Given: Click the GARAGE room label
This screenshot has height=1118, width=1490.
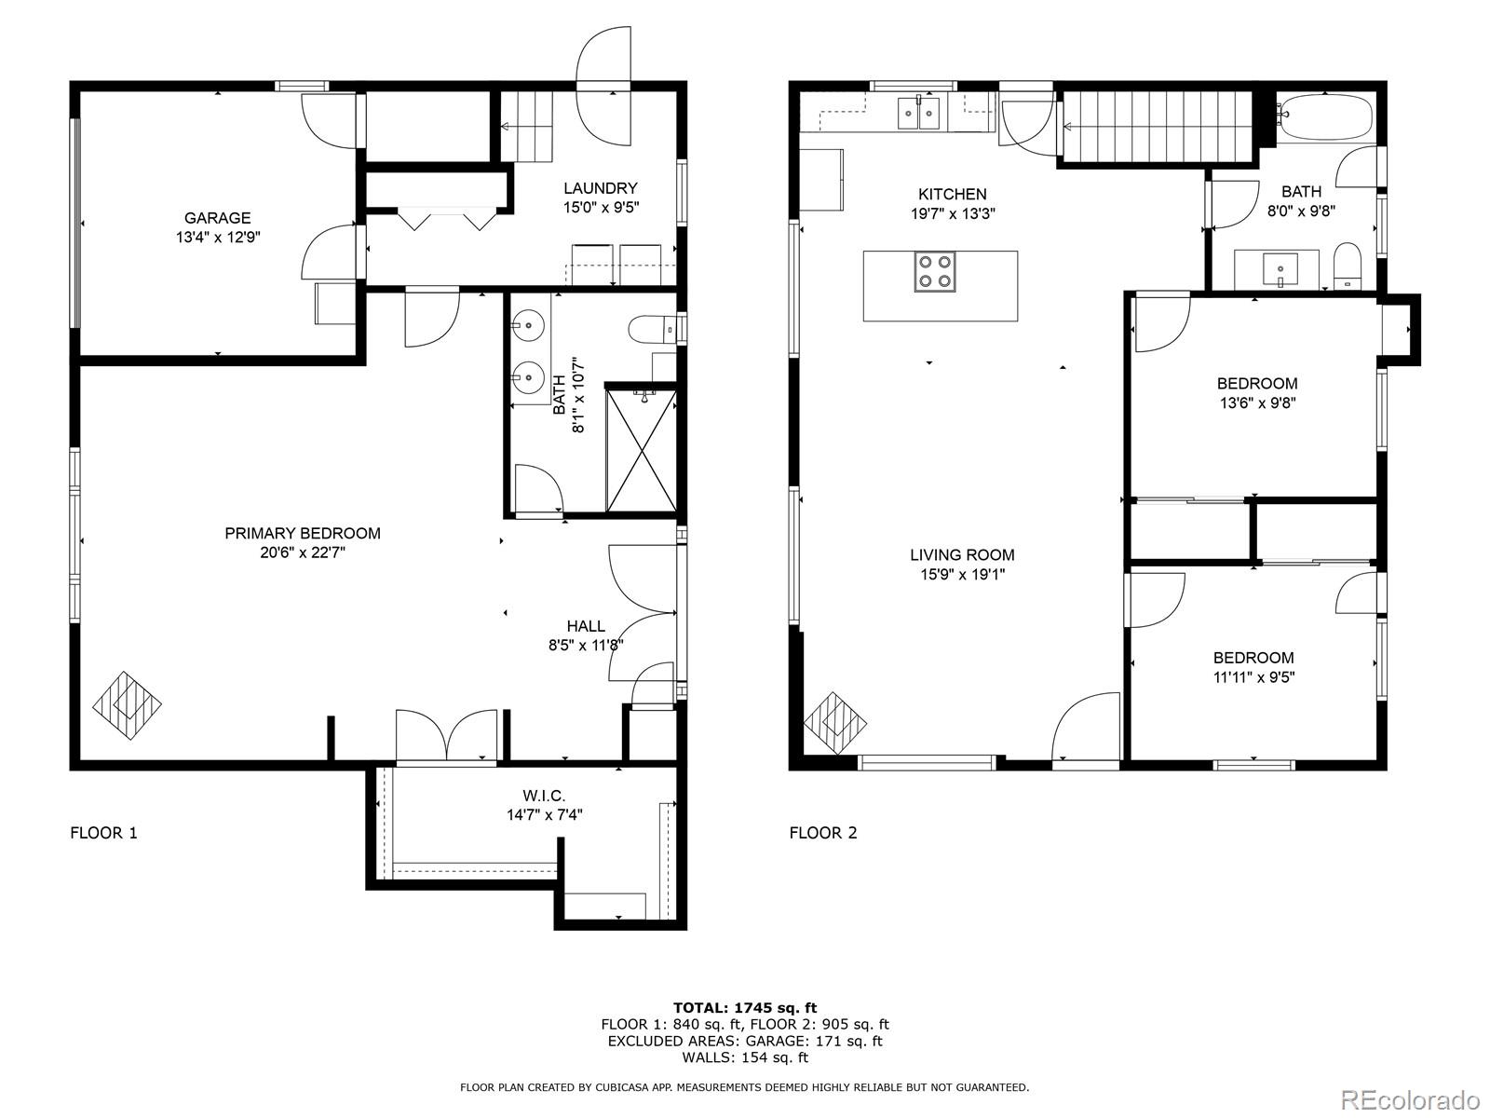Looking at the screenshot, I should click(x=217, y=218).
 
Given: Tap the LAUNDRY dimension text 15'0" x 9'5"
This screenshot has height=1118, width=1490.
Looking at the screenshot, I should click(x=601, y=208).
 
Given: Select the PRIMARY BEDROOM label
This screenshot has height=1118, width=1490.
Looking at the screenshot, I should click(x=303, y=533).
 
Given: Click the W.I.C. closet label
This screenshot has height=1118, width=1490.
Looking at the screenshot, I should click(x=544, y=795).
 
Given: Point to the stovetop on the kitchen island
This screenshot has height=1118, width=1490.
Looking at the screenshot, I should click(x=934, y=271).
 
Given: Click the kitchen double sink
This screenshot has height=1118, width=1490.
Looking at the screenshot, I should click(x=918, y=113).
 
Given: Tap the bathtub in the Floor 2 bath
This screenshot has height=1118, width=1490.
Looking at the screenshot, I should click(x=1324, y=117).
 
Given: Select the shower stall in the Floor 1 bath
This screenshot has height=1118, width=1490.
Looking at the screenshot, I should click(x=641, y=450).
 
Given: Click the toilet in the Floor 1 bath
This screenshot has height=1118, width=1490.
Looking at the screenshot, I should click(x=653, y=328).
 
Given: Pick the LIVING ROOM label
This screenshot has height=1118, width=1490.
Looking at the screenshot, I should click(x=962, y=554).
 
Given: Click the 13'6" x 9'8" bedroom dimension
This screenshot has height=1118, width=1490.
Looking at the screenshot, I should click(x=1256, y=403).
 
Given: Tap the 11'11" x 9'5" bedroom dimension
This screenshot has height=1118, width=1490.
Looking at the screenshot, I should click(x=1253, y=677).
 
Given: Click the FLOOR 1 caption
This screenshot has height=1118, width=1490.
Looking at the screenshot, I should click(x=103, y=833).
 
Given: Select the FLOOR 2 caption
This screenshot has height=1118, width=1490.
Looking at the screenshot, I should click(x=822, y=833).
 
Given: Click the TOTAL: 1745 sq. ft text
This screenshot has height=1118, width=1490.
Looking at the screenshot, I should click(x=744, y=1007).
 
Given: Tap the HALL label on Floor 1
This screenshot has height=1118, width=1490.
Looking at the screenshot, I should click(x=586, y=626).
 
